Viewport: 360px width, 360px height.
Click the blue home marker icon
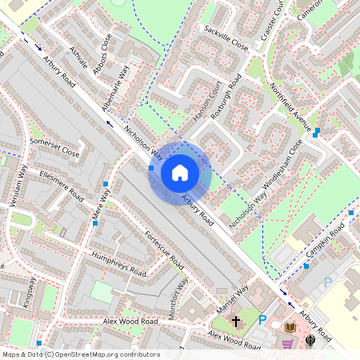(180, 172)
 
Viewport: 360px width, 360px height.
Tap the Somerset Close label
(54, 146)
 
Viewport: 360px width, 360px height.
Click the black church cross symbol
(236, 322)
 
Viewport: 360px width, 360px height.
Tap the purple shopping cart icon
(286, 345)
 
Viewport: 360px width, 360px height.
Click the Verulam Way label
(18, 189)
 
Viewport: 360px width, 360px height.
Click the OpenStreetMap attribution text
(81, 354)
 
